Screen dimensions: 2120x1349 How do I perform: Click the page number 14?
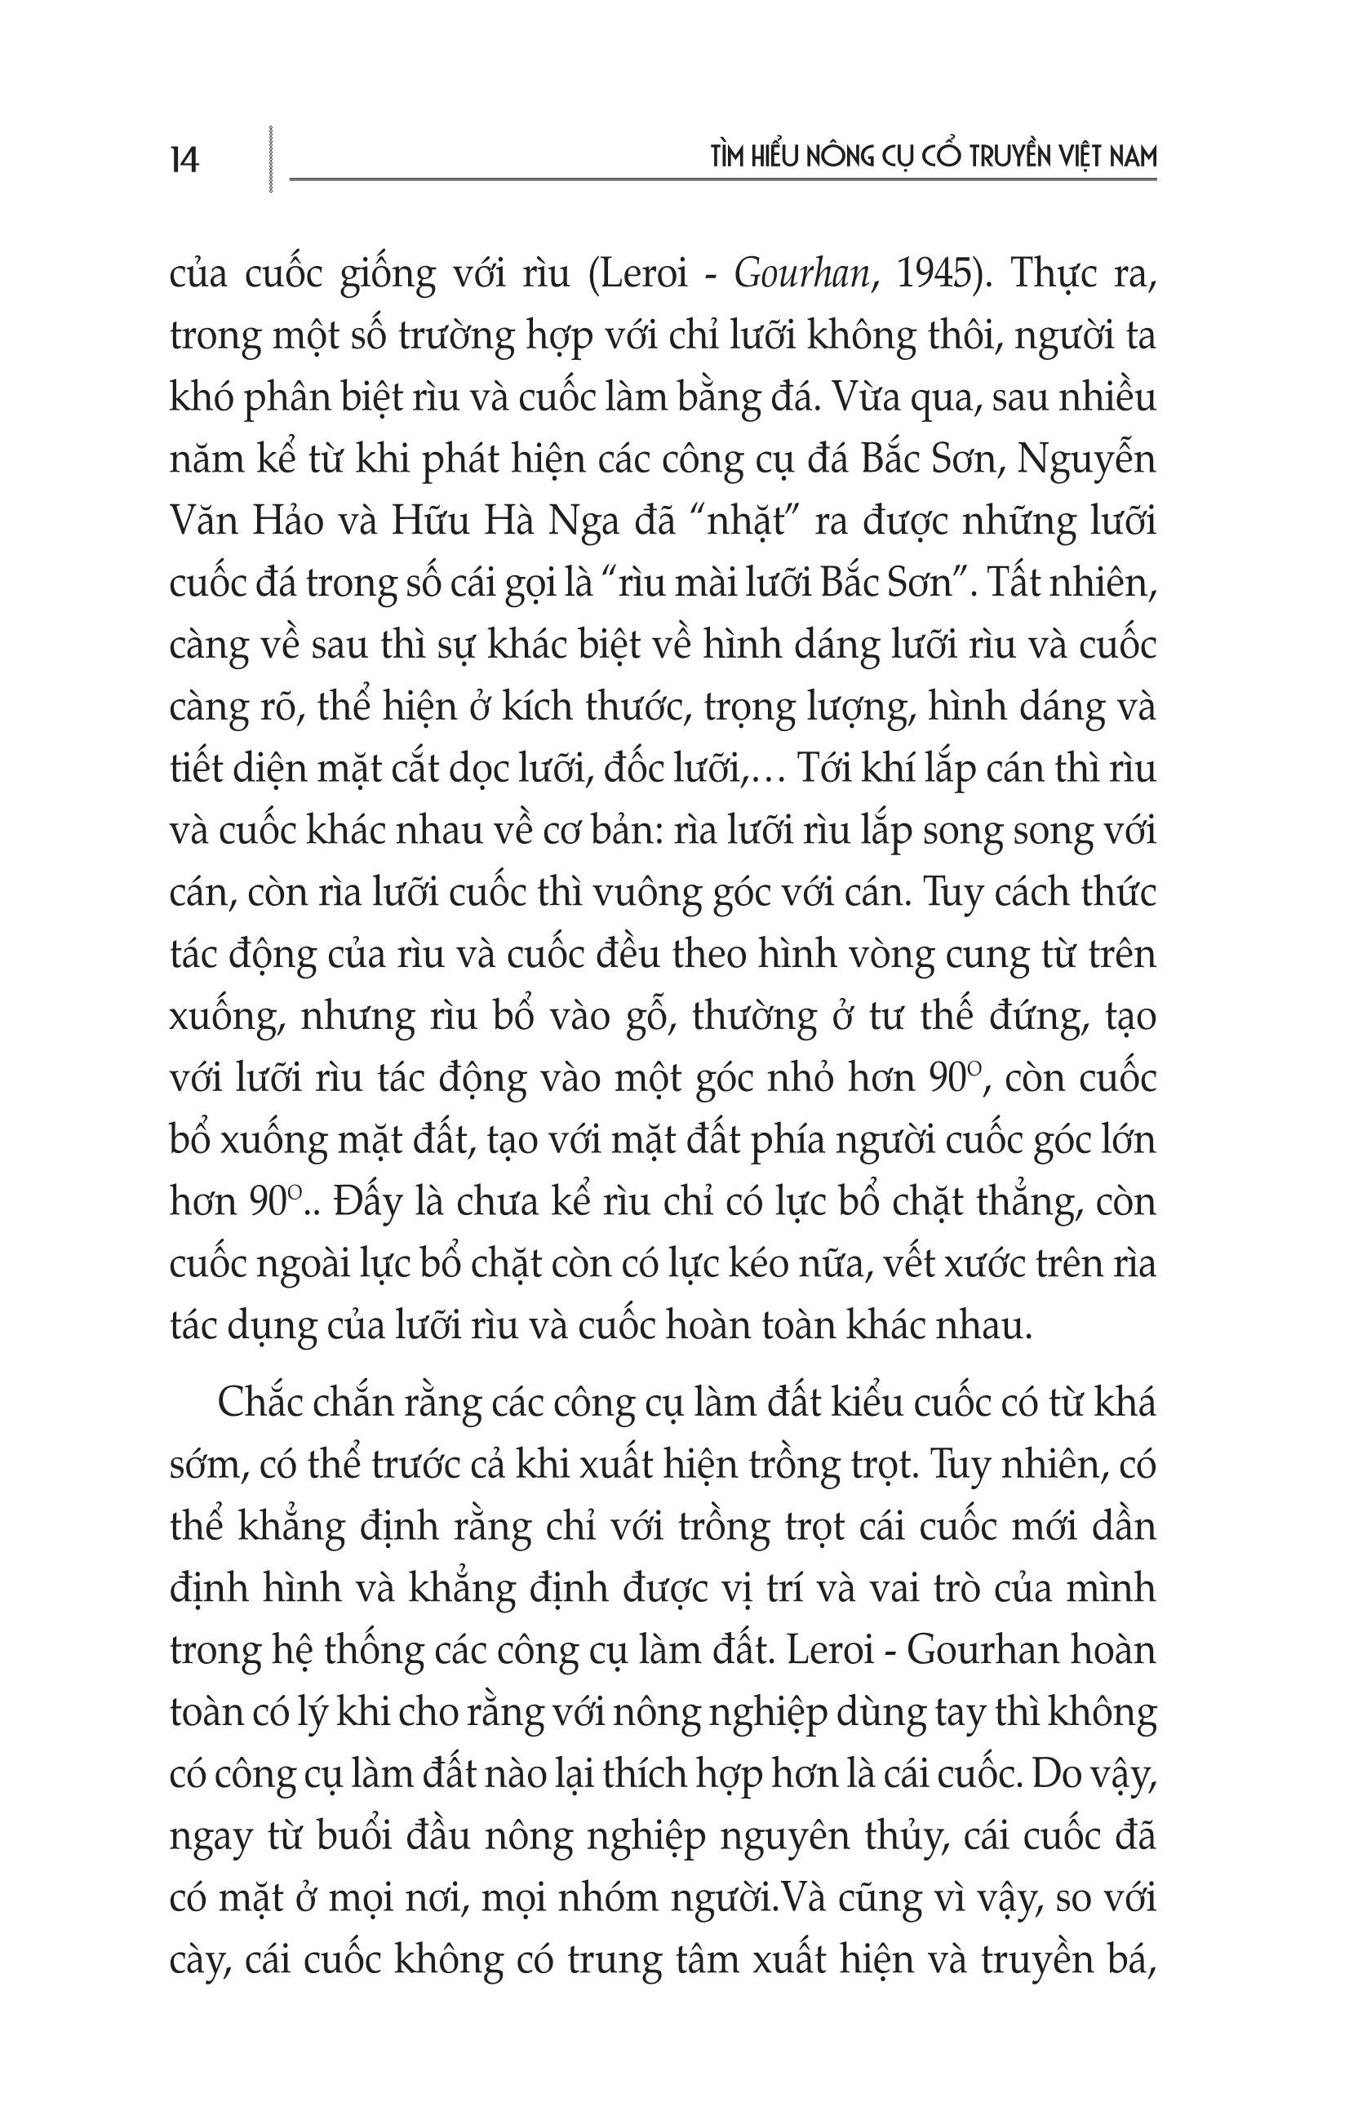pos(185,160)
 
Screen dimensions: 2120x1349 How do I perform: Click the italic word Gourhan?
pos(801,275)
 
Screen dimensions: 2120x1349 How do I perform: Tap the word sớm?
pos(205,1464)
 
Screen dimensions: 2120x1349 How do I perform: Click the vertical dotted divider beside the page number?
pos(271,159)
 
